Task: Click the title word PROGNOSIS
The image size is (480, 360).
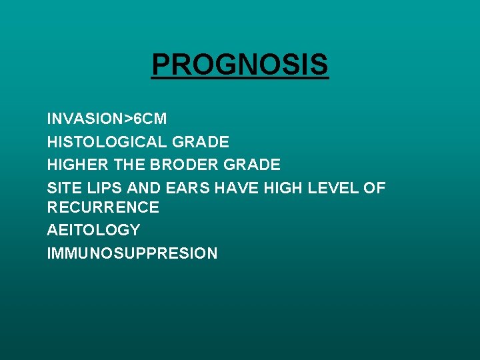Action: click(240, 65)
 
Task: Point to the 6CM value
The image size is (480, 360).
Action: click(150, 119)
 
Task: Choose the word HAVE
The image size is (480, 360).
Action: click(237, 187)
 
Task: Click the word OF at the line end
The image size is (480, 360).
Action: click(374, 187)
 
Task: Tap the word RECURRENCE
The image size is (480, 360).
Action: click(103, 207)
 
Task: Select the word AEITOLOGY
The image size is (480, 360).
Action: click(93, 230)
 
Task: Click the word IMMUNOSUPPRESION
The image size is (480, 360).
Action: click(132, 253)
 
